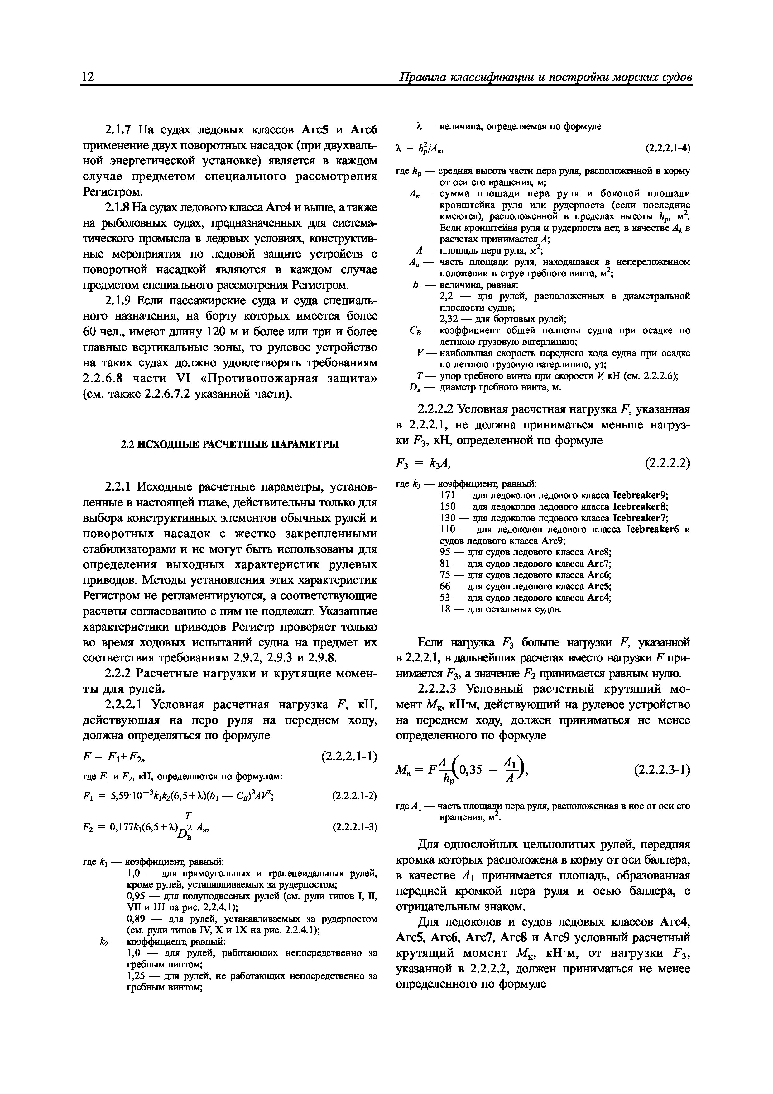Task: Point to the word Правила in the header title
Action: [423, 77]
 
